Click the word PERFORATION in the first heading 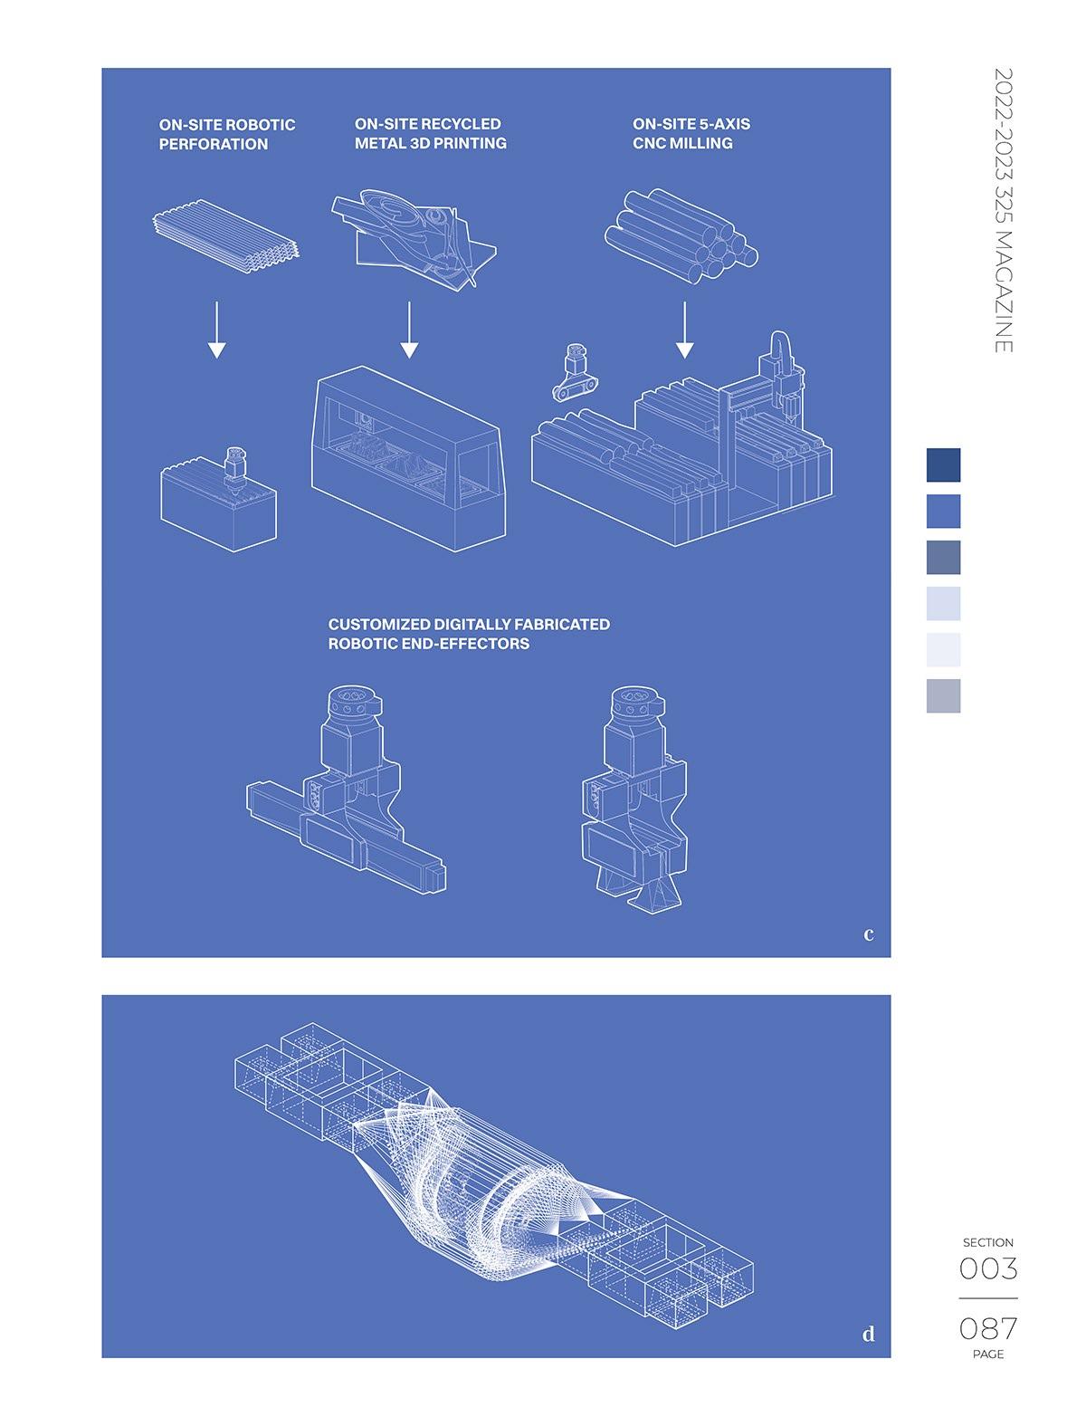pyautogui.click(x=213, y=144)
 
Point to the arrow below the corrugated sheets pyautogui.click(x=217, y=330)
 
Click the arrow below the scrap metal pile pyautogui.click(x=409, y=330)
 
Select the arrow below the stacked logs pyautogui.click(x=685, y=330)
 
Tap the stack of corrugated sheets pyautogui.click(x=226, y=236)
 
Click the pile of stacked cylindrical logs pyautogui.click(x=681, y=235)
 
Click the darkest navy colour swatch pyautogui.click(x=943, y=464)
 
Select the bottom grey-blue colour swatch pyautogui.click(x=943, y=695)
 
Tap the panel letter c pyautogui.click(x=869, y=933)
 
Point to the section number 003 pyautogui.click(x=988, y=1268)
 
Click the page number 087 pyautogui.click(x=988, y=1328)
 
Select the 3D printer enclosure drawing pyautogui.click(x=408, y=459)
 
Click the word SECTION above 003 pyautogui.click(x=988, y=1242)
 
